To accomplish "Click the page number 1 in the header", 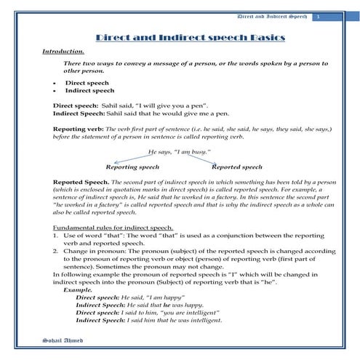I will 318,16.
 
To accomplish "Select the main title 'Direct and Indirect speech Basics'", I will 191,37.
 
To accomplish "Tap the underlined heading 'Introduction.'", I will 63,51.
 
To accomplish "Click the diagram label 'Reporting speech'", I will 132,167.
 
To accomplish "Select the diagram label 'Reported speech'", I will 236,167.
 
